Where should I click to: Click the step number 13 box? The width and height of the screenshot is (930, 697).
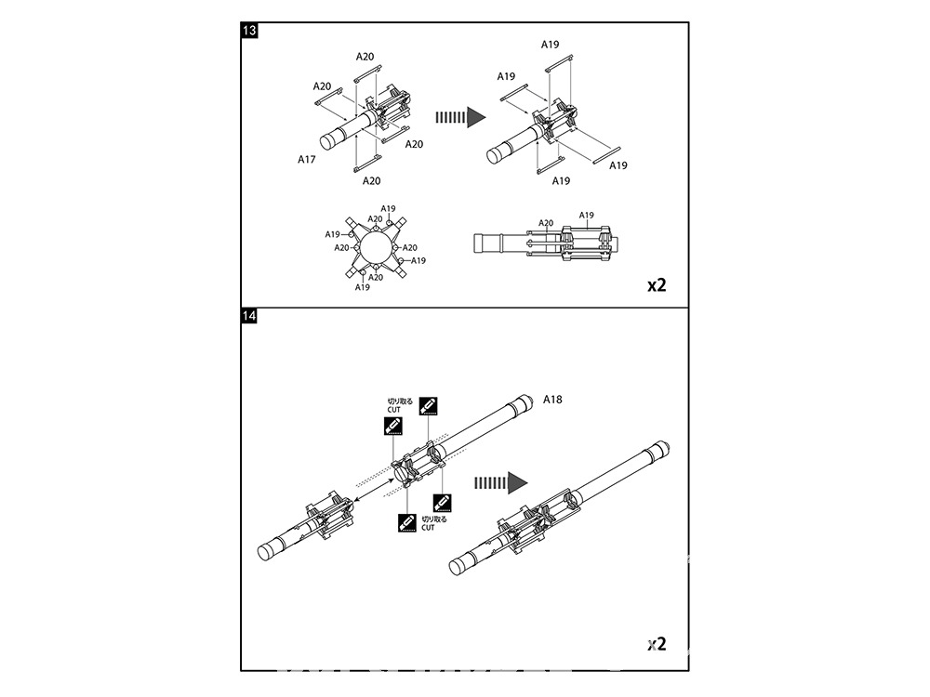pyautogui.click(x=249, y=31)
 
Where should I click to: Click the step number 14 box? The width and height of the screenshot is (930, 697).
pyautogui.click(x=249, y=315)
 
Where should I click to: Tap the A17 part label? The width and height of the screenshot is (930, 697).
pyautogui.click(x=307, y=160)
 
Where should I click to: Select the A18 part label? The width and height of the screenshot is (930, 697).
pyautogui.click(x=552, y=400)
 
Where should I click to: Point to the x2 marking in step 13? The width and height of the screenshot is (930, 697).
pyautogui.click(x=657, y=285)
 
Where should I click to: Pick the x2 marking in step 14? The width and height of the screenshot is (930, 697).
pyautogui.click(x=657, y=644)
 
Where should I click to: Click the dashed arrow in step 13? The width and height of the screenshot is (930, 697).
pyautogui.click(x=461, y=117)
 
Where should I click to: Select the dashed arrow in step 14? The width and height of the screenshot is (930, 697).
pyautogui.click(x=501, y=483)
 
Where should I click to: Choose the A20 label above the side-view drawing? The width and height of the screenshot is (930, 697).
pyautogui.click(x=546, y=223)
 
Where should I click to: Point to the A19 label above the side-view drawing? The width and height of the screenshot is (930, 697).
pyautogui.click(x=586, y=216)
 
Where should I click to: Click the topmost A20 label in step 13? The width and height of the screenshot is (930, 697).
pyautogui.click(x=365, y=57)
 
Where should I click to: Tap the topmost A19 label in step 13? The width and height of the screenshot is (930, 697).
pyautogui.click(x=550, y=45)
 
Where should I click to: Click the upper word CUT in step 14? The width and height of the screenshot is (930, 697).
pyautogui.click(x=393, y=410)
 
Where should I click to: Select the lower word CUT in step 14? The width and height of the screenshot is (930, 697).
pyautogui.click(x=428, y=528)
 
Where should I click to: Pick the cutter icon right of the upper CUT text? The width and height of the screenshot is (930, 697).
pyautogui.click(x=428, y=406)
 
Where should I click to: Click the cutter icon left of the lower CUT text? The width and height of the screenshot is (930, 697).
pyautogui.click(x=407, y=522)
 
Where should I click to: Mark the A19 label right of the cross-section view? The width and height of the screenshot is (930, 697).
pyautogui.click(x=418, y=261)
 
